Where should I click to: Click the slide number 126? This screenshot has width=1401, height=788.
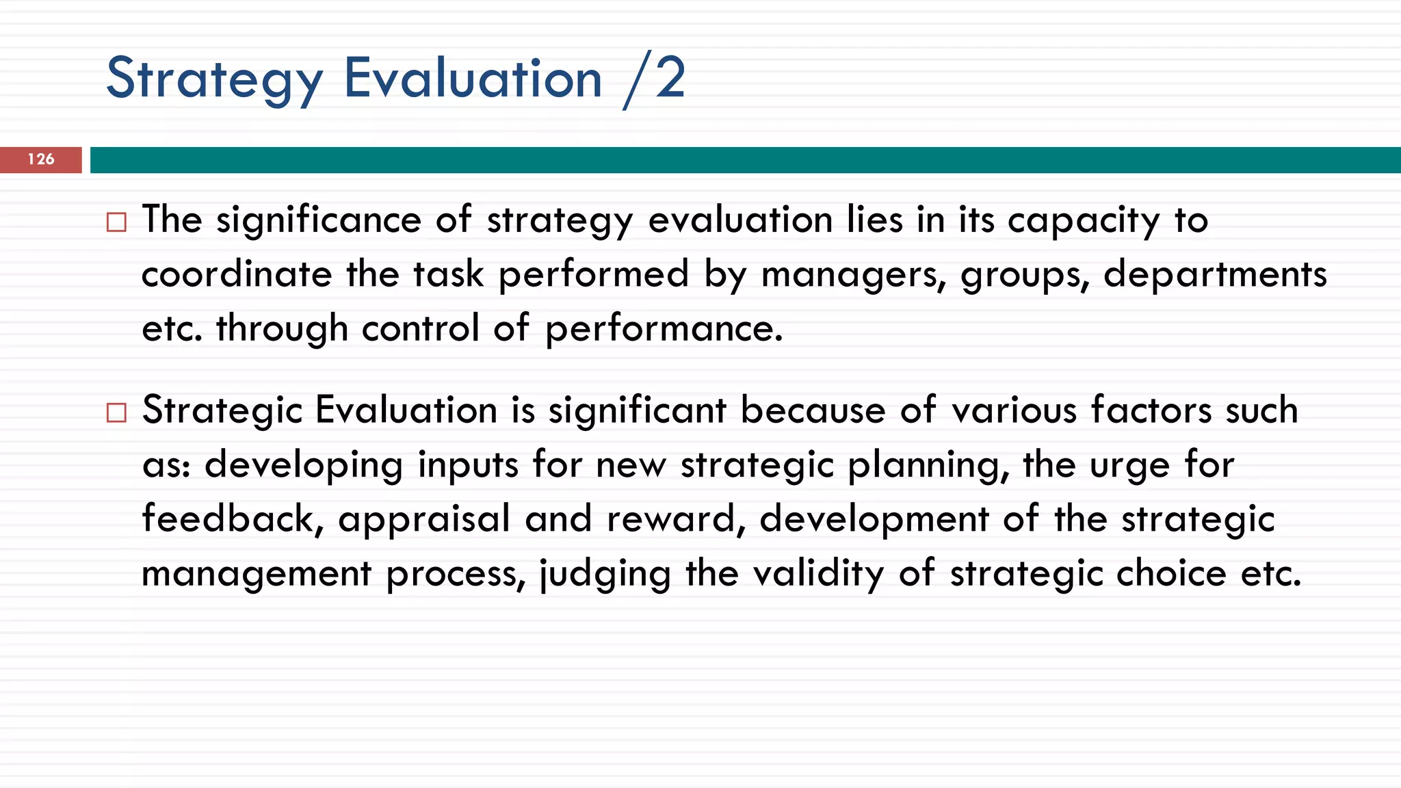(x=41, y=159)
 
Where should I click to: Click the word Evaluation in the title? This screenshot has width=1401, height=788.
(x=473, y=79)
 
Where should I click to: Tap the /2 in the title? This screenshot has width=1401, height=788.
(x=654, y=79)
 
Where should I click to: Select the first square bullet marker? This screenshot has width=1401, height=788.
(x=116, y=222)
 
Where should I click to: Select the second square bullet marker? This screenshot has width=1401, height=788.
(x=116, y=412)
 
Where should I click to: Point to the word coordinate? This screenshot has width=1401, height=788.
(x=236, y=274)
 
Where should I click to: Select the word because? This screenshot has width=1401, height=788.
(x=813, y=411)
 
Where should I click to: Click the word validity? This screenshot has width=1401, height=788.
(x=818, y=573)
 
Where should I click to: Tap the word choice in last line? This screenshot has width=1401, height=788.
(x=1171, y=573)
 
